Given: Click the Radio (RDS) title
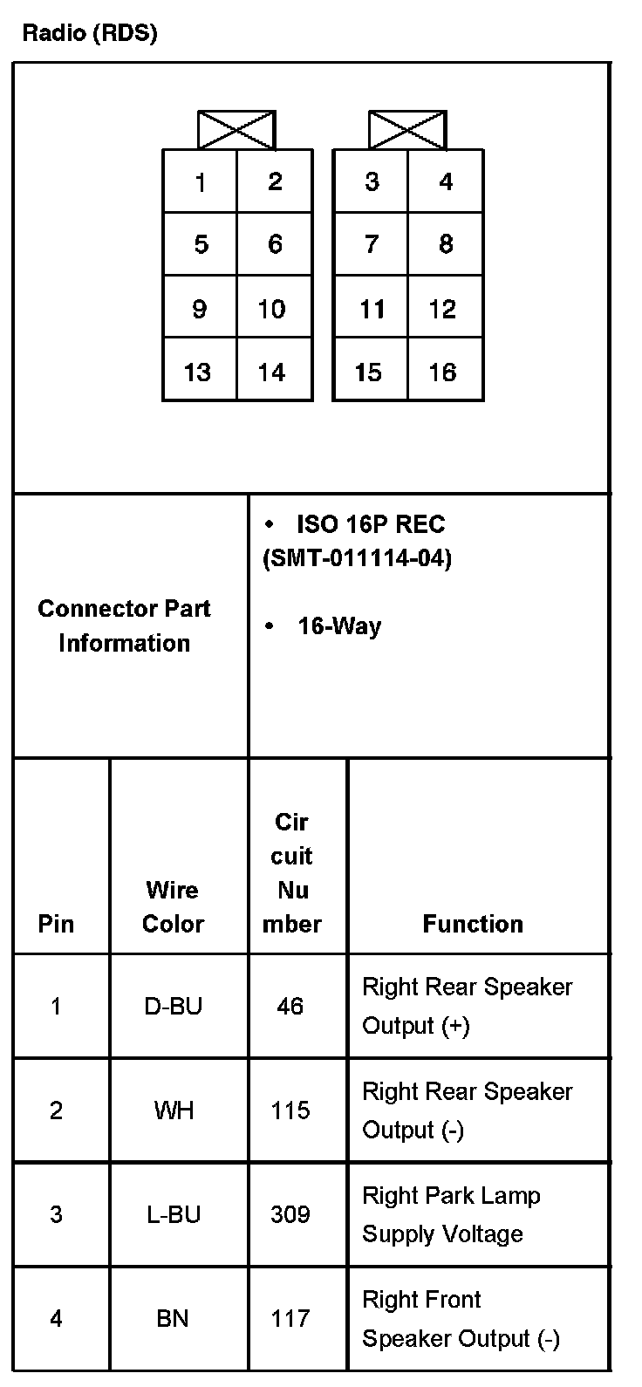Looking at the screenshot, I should [90, 33].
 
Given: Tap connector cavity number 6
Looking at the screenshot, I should [275, 244].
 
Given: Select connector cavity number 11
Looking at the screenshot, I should [372, 309].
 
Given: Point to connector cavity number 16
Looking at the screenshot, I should [443, 372].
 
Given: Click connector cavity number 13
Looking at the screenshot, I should [198, 372].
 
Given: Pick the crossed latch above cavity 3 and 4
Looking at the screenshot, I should [407, 130].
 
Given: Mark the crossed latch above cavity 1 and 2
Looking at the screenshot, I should [236, 130].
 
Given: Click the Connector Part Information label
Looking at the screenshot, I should [124, 625].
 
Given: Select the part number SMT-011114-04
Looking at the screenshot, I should [358, 558].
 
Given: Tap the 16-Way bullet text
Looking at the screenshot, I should [339, 626].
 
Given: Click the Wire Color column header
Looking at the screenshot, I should [173, 907].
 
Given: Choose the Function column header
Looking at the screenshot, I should [473, 924].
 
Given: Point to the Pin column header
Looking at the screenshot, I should [57, 924].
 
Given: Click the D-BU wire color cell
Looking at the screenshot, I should [173, 1007].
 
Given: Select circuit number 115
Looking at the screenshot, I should [290, 1110].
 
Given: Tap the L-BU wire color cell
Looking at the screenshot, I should [173, 1214].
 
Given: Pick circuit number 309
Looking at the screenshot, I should [290, 1214].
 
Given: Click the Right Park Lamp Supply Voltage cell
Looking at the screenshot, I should [451, 1214].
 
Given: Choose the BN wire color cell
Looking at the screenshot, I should [173, 1318].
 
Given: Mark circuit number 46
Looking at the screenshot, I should [290, 1007].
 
